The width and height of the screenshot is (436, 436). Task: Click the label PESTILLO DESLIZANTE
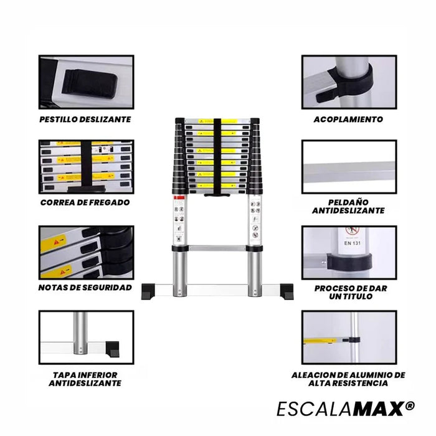tap(85, 120)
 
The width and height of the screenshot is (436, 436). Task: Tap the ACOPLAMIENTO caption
tap(348, 120)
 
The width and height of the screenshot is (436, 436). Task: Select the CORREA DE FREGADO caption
tap(85, 202)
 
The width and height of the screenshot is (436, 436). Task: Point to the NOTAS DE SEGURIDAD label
tap(85, 287)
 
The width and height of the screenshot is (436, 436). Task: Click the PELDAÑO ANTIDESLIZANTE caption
tap(348, 207)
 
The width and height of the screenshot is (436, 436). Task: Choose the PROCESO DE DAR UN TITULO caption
tap(348, 292)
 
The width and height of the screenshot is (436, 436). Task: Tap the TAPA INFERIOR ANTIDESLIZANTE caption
tap(85, 379)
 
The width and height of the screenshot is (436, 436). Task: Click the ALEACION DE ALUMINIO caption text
tap(348, 379)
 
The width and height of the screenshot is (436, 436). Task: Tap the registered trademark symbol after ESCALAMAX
tap(409, 405)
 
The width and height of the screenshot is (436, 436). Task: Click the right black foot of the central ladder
tap(285, 290)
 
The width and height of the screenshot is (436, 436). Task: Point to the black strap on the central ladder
tap(218, 156)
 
